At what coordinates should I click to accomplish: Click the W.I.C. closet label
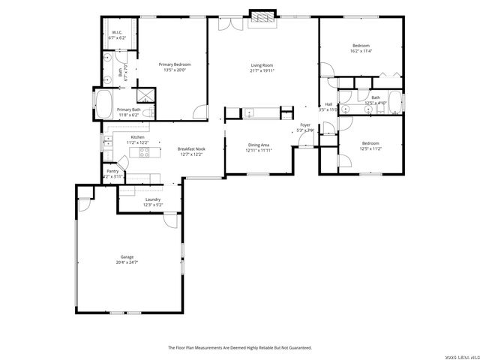point(117,32)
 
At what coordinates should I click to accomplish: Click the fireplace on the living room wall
point(262,18)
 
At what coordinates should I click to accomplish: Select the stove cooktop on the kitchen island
point(145,153)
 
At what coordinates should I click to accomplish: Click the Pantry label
point(112,171)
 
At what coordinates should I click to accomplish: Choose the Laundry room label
point(152,199)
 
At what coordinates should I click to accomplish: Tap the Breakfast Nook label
point(191,148)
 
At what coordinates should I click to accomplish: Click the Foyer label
point(305,124)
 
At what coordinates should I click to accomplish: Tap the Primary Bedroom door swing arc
point(199,112)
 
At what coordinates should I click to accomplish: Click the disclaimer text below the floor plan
point(239,347)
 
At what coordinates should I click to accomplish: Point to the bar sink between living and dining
point(250,114)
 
